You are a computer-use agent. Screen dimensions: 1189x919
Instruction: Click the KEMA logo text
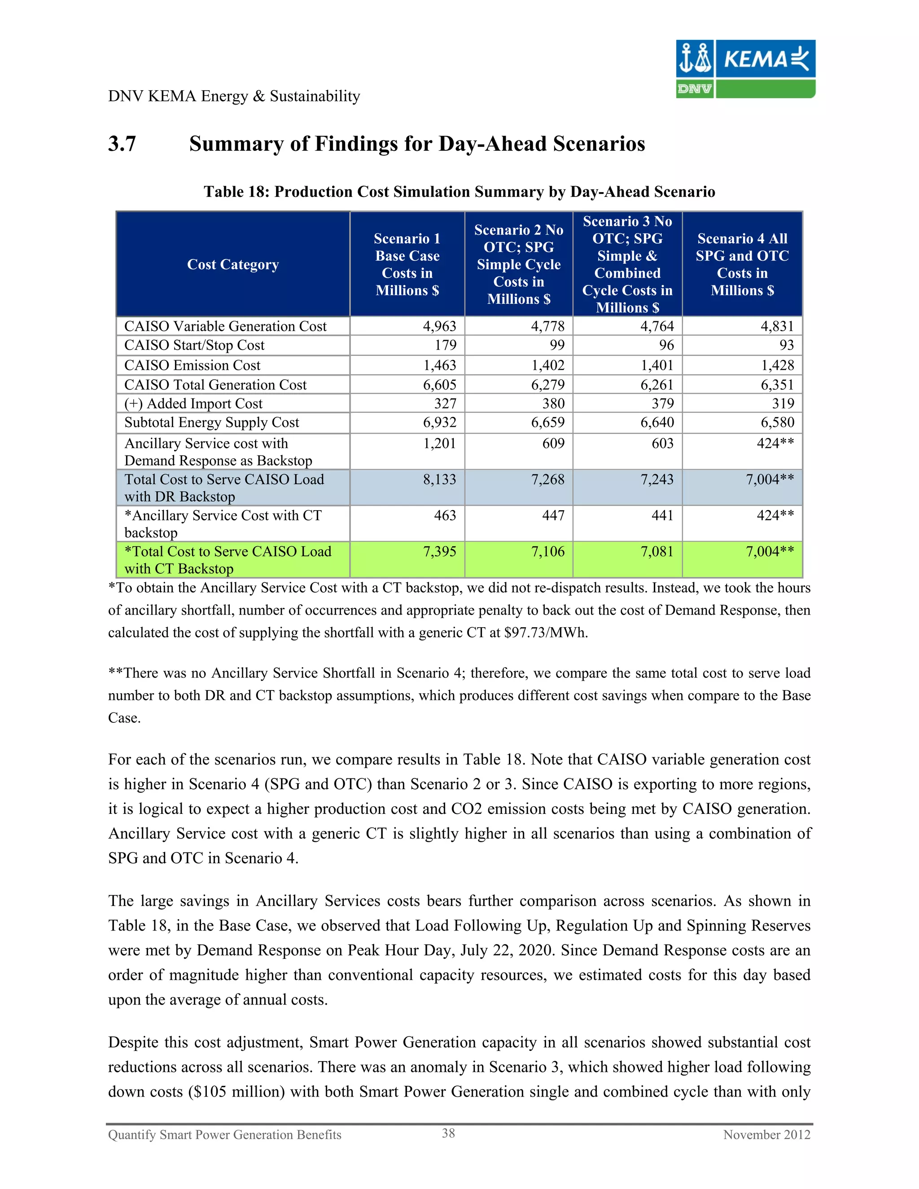coord(755,59)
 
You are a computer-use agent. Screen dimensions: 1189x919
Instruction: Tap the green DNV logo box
coord(694,89)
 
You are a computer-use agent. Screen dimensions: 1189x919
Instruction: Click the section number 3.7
coord(122,144)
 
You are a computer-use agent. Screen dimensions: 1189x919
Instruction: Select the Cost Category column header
coord(232,265)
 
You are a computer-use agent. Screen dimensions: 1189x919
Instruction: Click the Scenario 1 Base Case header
coord(407,265)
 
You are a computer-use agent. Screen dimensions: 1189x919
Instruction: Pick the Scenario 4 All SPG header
coord(742,265)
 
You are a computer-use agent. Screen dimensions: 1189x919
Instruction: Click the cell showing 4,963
coord(439,326)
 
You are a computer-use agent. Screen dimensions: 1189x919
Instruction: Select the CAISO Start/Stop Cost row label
coord(194,345)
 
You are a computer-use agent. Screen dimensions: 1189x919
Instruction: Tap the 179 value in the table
coord(445,345)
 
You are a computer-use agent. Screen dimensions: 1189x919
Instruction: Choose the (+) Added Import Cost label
coord(193,403)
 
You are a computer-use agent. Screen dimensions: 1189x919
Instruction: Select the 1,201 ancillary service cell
coord(439,443)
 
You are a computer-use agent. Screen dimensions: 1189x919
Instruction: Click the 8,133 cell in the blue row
coord(439,479)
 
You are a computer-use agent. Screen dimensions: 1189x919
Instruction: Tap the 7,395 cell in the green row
coord(439,551)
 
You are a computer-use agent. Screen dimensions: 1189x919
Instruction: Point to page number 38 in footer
coord(448,1133)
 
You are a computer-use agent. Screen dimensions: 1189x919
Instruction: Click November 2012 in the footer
coord(766,1135)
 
